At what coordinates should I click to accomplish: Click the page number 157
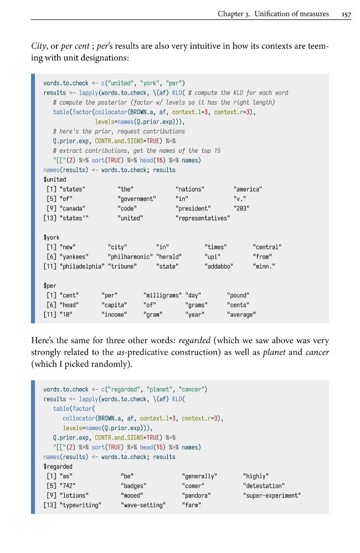(x=346, y=14)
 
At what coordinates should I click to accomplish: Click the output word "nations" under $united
(x=190, y=189)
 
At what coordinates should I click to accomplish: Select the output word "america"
(x=248, y=189)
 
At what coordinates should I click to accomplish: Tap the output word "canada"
(x=73, y=209)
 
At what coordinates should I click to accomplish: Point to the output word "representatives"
(x=203, y=218)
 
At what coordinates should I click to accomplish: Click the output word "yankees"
(x=74, y=257)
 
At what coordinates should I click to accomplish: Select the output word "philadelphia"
(x=82, y=267)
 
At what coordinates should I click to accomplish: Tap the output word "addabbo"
(x=219, y=267)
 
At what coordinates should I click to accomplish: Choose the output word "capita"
(x=114, y=305)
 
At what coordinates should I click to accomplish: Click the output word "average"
(x=241, y=314)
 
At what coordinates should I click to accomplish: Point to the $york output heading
(x=52, y=237)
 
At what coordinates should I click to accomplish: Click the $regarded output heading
(x=58, y=467)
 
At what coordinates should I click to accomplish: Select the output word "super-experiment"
(x=272, y=495)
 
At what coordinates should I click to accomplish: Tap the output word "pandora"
(x=196, y=495)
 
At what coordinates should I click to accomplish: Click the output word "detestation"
(x=264, y=486)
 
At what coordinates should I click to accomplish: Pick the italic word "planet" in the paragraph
(x=274, y=352)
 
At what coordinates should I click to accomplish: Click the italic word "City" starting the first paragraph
(x=38, y=46)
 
